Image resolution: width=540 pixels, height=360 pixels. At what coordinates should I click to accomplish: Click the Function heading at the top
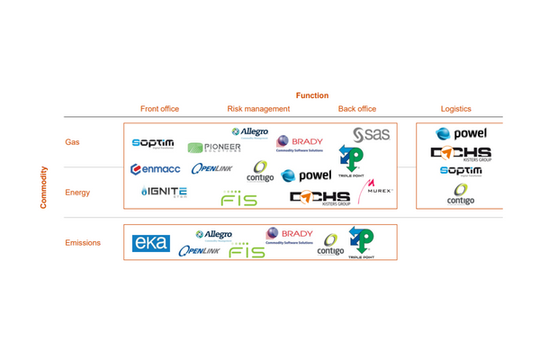[x=312, y=95]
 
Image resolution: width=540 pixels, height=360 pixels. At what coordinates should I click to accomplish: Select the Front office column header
[x=159, y=109]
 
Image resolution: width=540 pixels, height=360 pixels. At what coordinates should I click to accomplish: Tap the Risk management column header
[x=258, y=109]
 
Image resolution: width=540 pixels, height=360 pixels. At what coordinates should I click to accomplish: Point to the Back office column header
[x=357, y=109]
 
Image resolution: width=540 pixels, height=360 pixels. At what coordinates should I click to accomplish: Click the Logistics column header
[x=455, y=109]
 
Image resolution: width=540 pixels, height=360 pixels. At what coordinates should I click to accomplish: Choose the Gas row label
[x=72, y=142]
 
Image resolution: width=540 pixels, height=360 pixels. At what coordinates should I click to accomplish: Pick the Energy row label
[x=77, y=192]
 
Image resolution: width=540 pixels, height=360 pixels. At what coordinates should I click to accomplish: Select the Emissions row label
[x=83, y=243]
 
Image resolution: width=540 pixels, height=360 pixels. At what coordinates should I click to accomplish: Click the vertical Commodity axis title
[x=43, y=187]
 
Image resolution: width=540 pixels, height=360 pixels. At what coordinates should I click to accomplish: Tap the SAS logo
[x=371, y=135]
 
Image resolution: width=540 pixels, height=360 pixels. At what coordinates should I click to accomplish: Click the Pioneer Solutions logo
[x=214, y=148]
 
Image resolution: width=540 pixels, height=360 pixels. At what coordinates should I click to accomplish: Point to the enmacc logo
[x=156, y=168]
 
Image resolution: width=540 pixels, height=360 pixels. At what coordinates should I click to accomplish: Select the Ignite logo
[x=164, y=192]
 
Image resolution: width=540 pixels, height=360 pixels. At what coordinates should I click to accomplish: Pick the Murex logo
[x=376, y=190]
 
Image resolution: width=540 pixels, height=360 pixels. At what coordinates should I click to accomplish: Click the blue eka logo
[x=150, y=243]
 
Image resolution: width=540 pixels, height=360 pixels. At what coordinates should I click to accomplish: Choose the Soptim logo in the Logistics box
[x=461, y=171]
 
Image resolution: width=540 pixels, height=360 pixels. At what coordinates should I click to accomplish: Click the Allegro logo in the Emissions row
[x=213, y=235]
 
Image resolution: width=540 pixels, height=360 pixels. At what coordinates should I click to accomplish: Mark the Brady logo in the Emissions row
[x=290, y=236]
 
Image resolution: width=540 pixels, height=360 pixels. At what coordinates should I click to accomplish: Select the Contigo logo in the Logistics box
[x=461, y=194]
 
